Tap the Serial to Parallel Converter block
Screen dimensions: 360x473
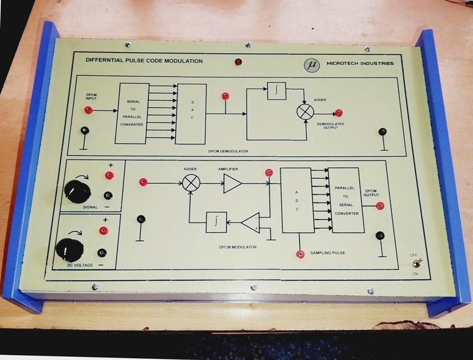tap(131, 113)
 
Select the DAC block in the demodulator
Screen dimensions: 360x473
tap(191, 112)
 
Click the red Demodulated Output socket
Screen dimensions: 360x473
tap(339, 113)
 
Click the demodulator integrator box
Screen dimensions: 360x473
tap(276, 91)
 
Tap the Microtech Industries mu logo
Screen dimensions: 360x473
tap(313, 64)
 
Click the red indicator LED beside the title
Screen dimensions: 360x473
tap(238, 62)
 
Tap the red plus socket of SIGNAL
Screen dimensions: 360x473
tap(109, 176)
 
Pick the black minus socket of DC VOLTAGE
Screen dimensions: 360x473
tap(102, 252)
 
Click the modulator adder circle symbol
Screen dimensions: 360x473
tap(191, 182)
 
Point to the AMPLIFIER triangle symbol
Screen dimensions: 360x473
tap(231, 183)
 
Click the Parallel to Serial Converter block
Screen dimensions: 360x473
tap(348, 200)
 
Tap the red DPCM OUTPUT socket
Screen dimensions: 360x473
tap(380, 206)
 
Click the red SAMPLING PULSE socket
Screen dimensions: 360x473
tap(300, 254)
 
